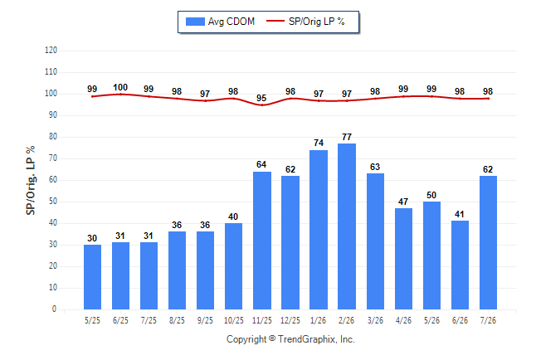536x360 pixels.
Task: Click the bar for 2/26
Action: (x=347, y=226)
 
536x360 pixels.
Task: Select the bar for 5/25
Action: (x=92, y=277)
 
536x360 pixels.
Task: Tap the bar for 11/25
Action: (x=262, y=241)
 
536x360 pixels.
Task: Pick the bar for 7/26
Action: (x=488, y=243)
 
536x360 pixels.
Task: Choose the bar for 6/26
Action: (x=460, y=265)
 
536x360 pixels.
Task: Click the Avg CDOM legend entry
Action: (x=220, y=22)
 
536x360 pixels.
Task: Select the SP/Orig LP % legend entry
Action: (x=305, y=22)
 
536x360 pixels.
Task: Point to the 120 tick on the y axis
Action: (x=51, y=51)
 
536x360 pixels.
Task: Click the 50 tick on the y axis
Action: (x=52, y=202)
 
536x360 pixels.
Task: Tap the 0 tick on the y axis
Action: (x=55, y=309)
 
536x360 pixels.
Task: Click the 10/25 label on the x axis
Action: (x=234, y=320)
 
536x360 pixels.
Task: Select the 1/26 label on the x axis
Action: (x=319, y=320)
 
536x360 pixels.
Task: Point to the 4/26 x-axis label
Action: (x=403, y=320)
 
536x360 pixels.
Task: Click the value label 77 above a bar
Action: (x=347, y=137)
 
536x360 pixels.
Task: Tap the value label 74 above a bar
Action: (x=319, y=143)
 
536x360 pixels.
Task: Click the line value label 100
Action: (x=120, y=88)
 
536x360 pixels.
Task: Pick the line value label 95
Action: (x=261, y=98)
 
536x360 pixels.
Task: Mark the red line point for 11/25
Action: (x=262, y=105)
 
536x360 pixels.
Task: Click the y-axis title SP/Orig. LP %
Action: (x=31, y=180)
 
